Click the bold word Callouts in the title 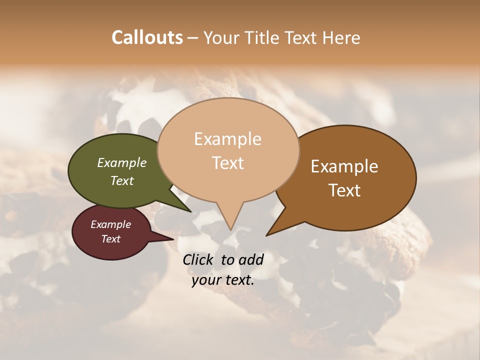[147, 37]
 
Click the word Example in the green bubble [121, 163]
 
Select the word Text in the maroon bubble [111, 239]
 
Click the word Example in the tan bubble [227, 139]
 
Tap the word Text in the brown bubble [344, 190]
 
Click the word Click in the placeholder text [198, 259]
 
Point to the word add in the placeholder [250, 259]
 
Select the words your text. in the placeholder [222, 280]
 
